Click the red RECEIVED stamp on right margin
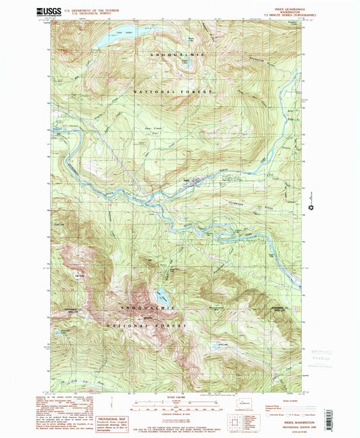point(315,356)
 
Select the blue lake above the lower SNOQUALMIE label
point(163,295)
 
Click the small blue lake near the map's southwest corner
point(65,332)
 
